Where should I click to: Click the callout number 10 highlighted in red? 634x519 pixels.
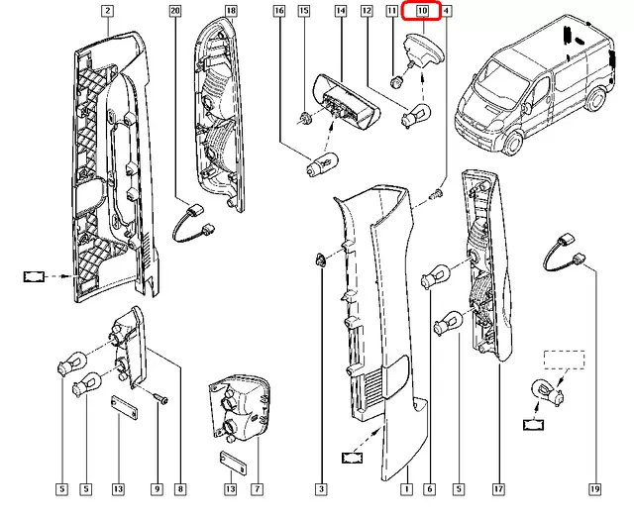tap(422, 11)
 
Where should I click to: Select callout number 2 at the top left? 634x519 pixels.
tap(107, 11)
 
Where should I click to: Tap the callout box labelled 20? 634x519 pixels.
tap(175, 11)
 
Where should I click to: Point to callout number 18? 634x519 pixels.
tap(231, 11)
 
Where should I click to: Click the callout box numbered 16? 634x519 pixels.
tap(279, 11)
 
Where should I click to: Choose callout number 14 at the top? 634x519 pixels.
tap(341, 11)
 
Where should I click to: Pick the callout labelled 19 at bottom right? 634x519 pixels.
tap(594, 489)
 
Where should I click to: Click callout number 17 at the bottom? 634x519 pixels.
tap(499, 489)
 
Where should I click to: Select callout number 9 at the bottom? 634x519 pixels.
tap(158, 489)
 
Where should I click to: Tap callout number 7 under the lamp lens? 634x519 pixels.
tap(257, 489)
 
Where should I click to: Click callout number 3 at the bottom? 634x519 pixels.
tap(321, 489)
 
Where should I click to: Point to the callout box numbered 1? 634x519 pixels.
tap(406, 489)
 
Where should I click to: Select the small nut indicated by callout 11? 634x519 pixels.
tap(394, 82)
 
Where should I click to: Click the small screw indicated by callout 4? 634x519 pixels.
tap(437, 193)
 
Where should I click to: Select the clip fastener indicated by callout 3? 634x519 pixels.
tap(319, 259)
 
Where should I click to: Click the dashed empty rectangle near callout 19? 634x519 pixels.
tap(564, 360)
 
